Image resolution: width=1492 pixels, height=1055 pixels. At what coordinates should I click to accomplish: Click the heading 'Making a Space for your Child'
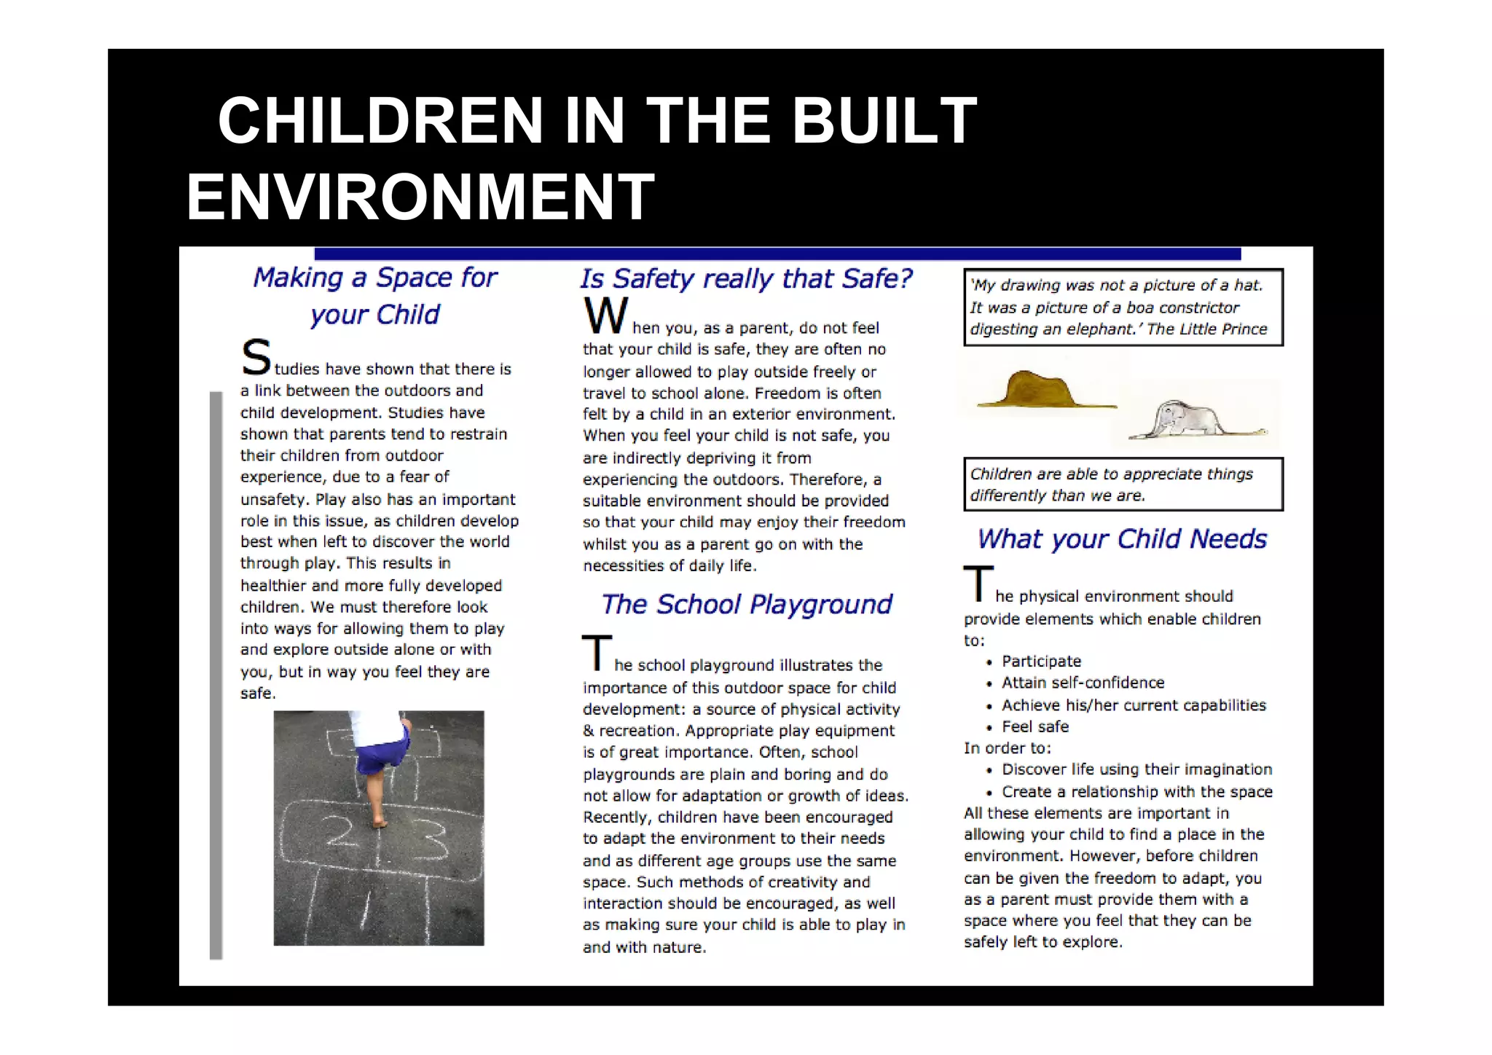[x=374, y=295]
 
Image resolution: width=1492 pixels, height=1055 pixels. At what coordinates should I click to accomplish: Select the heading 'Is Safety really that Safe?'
[x=746, y=278]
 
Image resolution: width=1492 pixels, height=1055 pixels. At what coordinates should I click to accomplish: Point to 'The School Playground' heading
[x=746, y=604]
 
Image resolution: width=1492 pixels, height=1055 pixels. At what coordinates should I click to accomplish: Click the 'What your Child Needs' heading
[x=1122, y=539]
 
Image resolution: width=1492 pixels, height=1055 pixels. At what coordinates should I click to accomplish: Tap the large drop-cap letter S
[x=256, y=357]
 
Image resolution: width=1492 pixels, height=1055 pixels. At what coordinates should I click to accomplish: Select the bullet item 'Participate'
[x=1041, y=662]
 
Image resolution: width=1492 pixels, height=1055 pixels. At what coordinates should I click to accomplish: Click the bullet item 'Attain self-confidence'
[x=1083, y=683]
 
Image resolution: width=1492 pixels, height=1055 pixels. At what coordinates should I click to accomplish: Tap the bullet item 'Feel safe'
[x=1035, y=726]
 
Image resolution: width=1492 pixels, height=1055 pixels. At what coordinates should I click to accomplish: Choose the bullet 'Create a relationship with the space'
[x=1136, y=792]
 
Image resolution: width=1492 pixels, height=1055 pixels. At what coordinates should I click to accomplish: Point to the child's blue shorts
[x=381, y=750]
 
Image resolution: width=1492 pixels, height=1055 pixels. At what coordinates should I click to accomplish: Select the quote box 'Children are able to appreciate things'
[x=1122, y=485]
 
